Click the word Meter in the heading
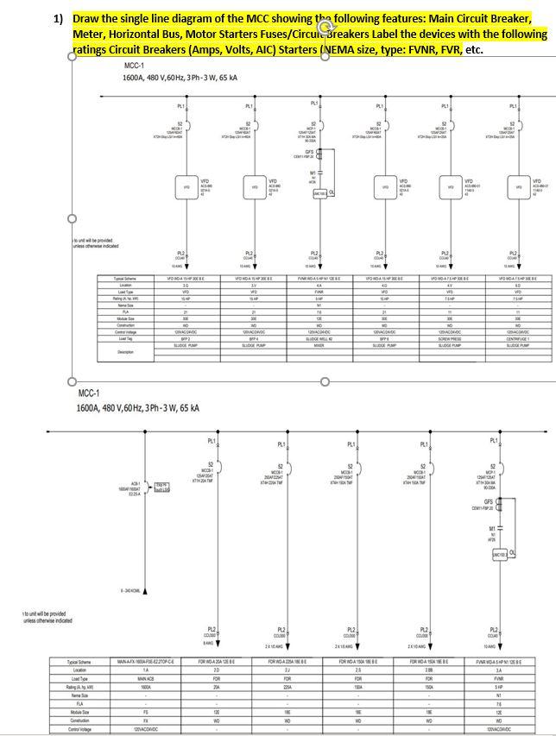(86, 34)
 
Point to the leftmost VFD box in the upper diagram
(185, 186)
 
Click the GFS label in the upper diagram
(314, 150)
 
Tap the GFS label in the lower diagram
(489, 501)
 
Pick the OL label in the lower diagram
(512, 552)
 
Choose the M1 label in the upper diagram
(314, 173)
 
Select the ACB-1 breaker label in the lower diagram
(136, 483)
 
